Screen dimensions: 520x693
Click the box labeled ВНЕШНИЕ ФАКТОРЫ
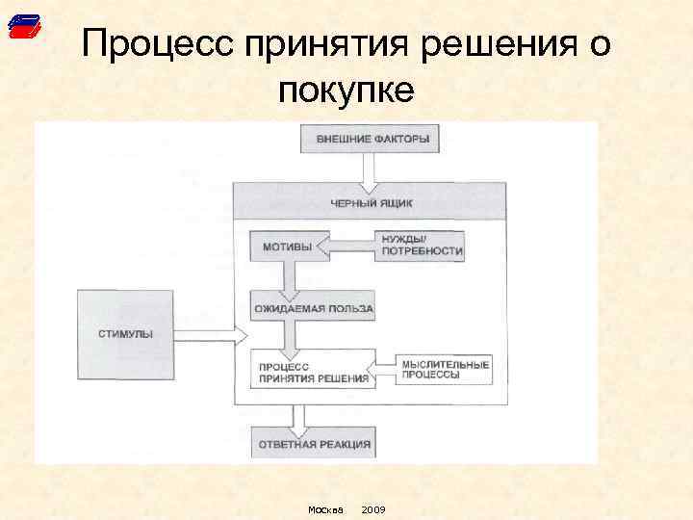coord(372,140)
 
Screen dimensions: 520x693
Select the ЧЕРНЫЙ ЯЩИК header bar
coord(371,201)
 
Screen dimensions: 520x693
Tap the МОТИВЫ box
coord(288,247)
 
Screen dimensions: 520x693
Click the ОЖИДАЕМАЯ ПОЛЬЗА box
coord(312,310)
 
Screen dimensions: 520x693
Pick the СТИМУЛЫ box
coord(125,334)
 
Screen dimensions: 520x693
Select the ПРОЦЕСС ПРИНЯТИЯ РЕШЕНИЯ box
coord(312,372)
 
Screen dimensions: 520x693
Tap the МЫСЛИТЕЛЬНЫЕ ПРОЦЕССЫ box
coord(445,371)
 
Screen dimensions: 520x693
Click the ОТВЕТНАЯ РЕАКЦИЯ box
coord(312,445)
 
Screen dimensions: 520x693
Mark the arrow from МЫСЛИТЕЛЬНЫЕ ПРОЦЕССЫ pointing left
coord(385,367)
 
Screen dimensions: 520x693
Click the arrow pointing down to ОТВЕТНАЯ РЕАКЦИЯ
coord(298,417)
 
